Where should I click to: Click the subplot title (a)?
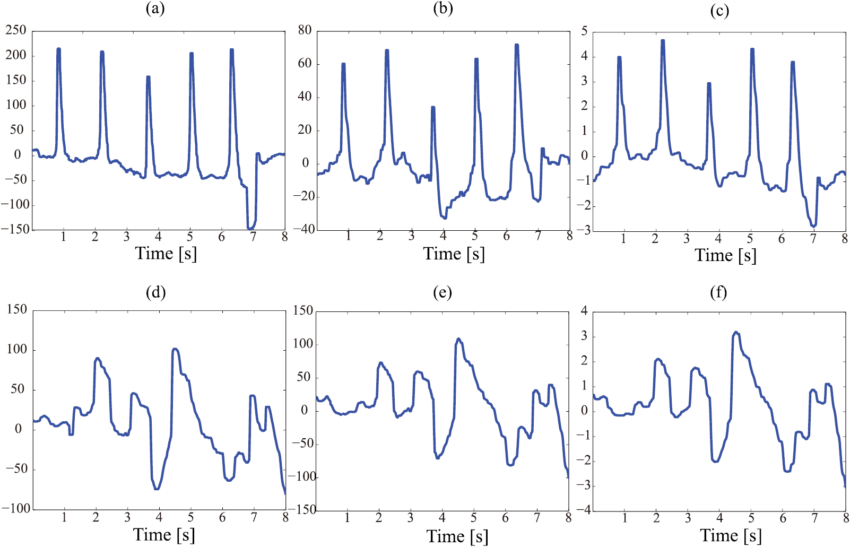coord(155,9)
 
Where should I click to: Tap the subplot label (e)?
coord(442,292)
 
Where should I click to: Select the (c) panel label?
coord(719,10)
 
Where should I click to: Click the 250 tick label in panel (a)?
coord(16,30)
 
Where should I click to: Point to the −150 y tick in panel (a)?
coord(15,229)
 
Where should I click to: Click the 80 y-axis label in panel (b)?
coord(305,30)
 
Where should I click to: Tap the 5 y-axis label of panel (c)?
coord(584,31)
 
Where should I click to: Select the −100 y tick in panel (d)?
coord(16,508)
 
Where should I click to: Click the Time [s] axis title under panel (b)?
coord(454,254)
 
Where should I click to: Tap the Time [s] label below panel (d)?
coord(164,534)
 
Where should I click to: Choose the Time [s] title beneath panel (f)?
coord(731,535)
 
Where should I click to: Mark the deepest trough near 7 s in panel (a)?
coord(250,228)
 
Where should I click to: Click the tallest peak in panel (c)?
coord(663,41)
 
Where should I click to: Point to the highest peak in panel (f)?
coord(736,332)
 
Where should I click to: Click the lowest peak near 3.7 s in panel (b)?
coord(433,108)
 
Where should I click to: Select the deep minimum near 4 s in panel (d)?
coord(157,489)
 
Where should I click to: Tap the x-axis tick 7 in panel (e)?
coord(537,517)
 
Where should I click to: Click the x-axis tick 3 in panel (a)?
coord(126,237)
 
